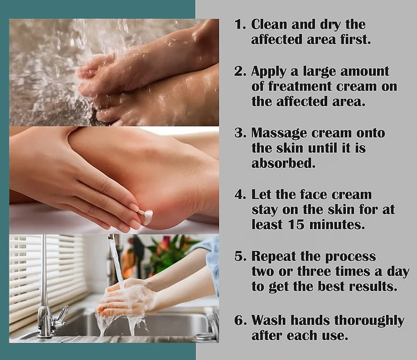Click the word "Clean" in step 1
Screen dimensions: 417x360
pos(269,24)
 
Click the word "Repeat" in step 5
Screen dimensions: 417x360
pos(273,257)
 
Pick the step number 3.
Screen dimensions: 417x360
pos(240,133)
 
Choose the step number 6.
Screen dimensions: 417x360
pos(240,320)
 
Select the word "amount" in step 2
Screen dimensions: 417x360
pos(364,72)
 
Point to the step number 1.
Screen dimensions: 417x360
pos(240,24)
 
